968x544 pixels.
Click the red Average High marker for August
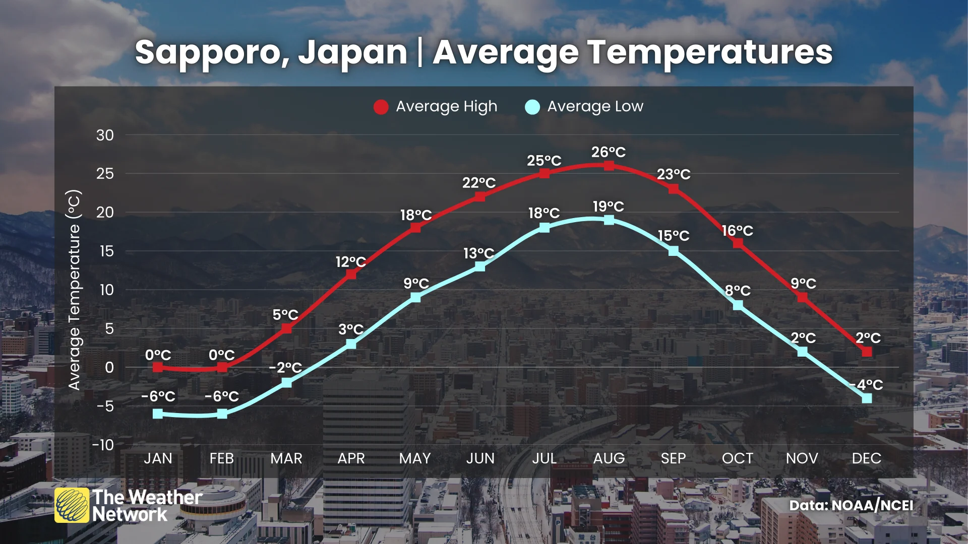[609, 166]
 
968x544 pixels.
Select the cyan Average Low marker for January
[158, 414]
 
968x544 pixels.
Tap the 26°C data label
[609, 152]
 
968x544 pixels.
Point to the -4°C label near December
[867, 385]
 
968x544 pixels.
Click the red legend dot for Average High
[381, 107]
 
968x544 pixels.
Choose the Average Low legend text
[595, 106]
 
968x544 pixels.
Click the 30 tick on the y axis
[105, 135]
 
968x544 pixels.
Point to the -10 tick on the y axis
[103, 445]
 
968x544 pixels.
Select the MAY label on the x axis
[415, 458]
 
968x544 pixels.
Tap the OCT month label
[737, 458]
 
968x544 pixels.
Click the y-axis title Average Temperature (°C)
[74, 290]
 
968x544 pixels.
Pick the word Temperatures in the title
[710, 52]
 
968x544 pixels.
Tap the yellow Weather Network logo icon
[72, 505]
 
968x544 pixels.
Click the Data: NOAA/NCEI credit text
[851, 505]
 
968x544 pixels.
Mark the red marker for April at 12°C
[351, 274]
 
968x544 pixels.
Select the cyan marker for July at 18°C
[544, 228]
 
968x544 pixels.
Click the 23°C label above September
[674, 174]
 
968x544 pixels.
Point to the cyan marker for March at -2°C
[286, 382]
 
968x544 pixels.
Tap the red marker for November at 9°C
[802, 297]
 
